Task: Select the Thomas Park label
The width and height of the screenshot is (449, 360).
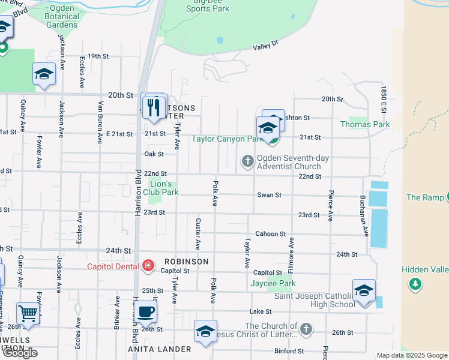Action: click(365, 124)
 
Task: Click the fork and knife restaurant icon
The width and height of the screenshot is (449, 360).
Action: click(155, 107)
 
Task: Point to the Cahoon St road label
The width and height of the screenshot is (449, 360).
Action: click(267, 234)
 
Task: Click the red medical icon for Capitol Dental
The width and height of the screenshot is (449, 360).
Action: click(148, 266)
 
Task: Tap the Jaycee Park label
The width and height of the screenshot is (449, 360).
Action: click(273, 283)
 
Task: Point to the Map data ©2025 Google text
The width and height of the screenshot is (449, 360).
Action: click(411, 355)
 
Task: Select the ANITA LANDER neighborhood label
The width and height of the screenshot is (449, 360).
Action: click(160, 349)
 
